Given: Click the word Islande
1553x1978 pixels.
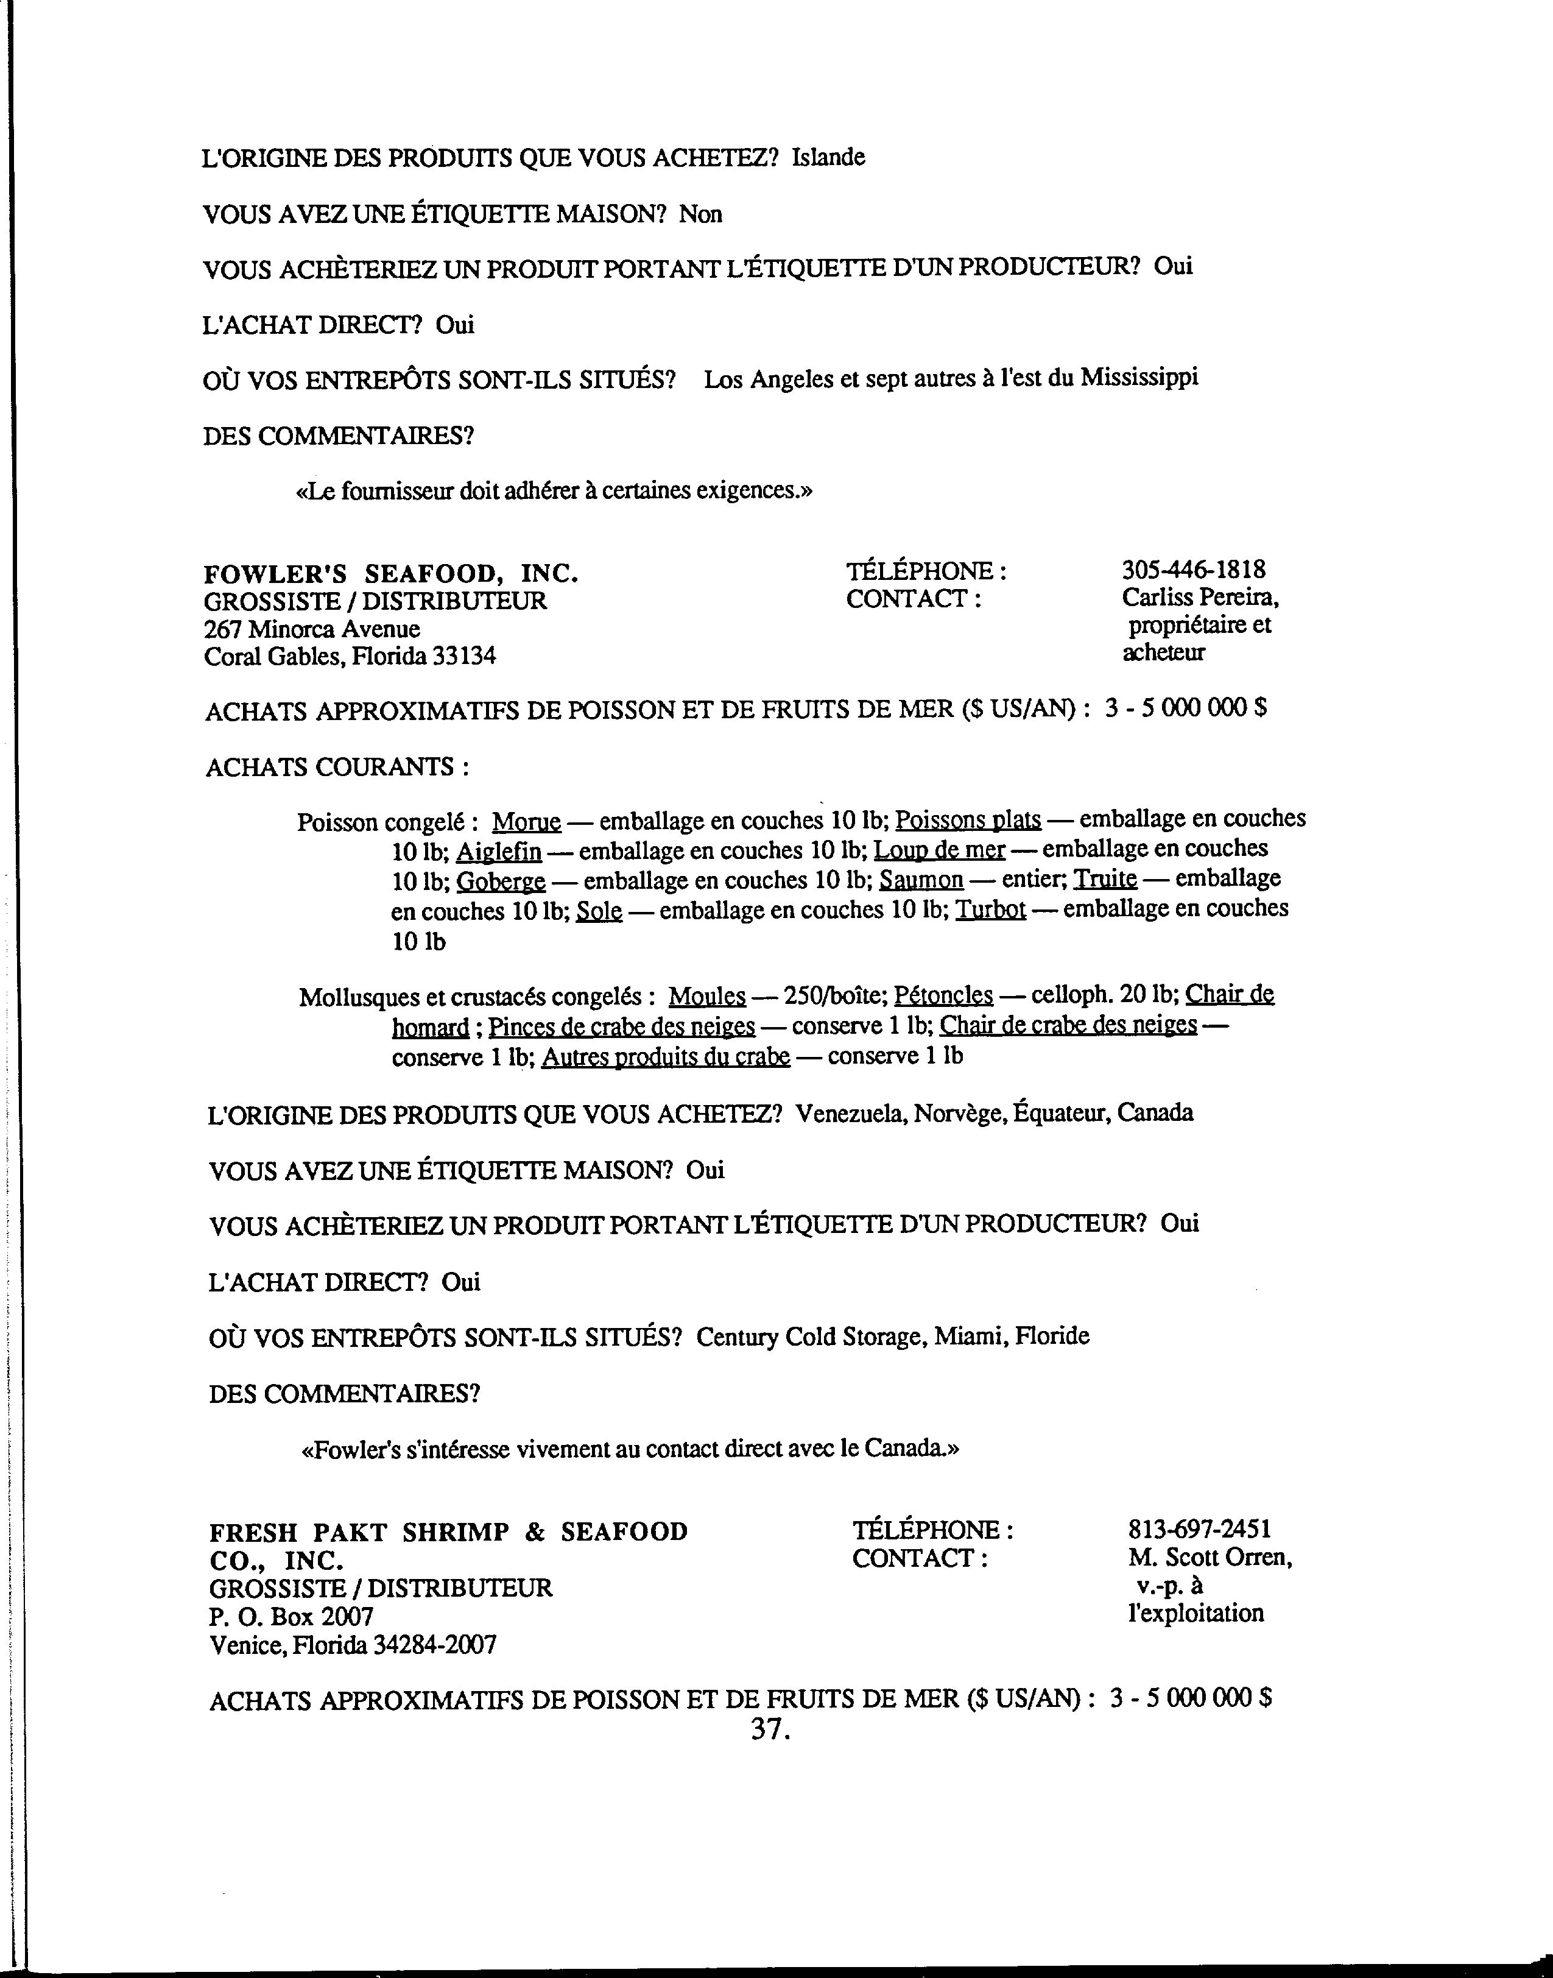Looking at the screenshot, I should pyautogui.click(x=828, y=157).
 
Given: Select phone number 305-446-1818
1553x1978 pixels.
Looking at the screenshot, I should pyautogui.click(x=1193, y=570).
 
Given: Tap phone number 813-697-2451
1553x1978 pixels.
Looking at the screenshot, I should pyautogui.click(x=1199, y=1529).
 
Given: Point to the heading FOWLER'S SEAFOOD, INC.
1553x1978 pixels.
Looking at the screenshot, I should pyautogui.click(x=391, y=574).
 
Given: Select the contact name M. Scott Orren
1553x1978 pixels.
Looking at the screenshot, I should pyautogui.click(x=1210, y=1557).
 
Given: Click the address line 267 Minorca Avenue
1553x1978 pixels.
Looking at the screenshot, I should pyautogui.click(x=312, y=629).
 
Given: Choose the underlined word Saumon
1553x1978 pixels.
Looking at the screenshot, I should pyautogui.click(x=921, y=880).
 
